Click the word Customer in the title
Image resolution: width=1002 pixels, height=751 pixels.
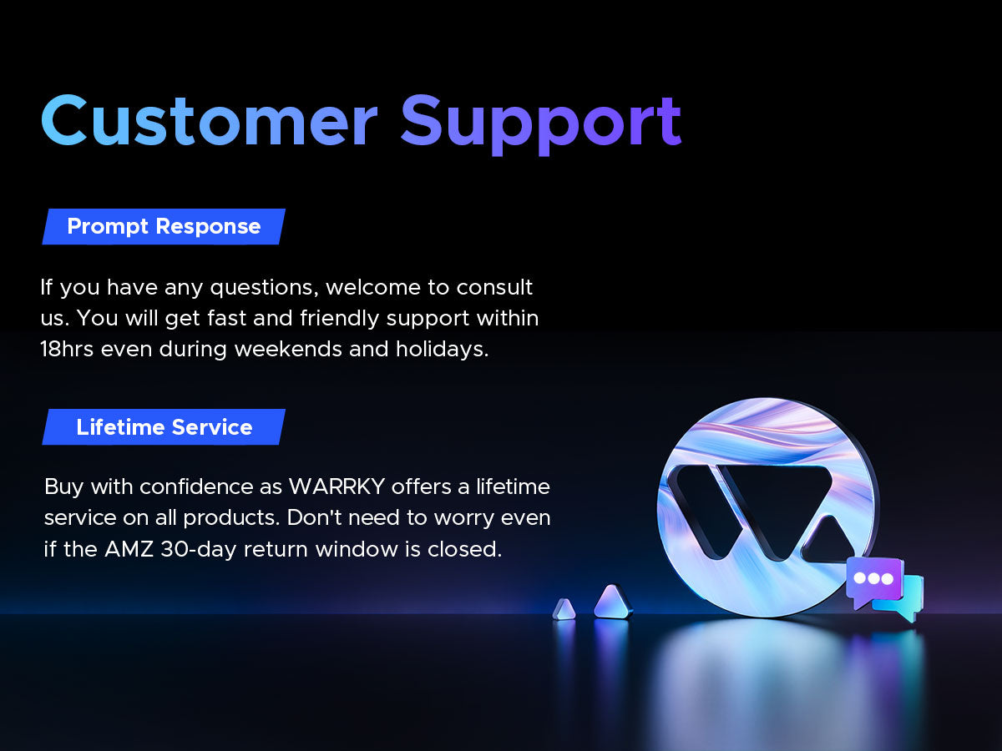click(x=210, y=120)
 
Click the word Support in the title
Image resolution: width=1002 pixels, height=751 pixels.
click(x=541, y=124)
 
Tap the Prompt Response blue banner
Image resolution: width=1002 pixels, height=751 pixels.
click(x=164, y=227)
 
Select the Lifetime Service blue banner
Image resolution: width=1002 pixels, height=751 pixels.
click(x=164, y=426)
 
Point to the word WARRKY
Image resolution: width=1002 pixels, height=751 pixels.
click(x=337, y=486)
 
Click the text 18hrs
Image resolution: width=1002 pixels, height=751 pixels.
click(x=67, y=349)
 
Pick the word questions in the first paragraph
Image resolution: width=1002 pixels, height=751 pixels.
click(x=264, y=288)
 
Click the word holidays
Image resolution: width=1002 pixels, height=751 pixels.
click(x=442, y=350)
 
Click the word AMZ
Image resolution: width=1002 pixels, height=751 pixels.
click(x=129, y=549)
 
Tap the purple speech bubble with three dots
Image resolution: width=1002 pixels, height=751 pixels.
click(x=874, y=580)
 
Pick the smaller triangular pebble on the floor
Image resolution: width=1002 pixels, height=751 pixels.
click(x=564, y=610)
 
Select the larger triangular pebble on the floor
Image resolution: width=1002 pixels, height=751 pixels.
click(x=613, y=602)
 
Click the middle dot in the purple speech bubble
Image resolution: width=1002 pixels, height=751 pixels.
click(x=873, y=578)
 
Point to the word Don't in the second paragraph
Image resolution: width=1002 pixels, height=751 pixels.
click(x=314, y=517)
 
